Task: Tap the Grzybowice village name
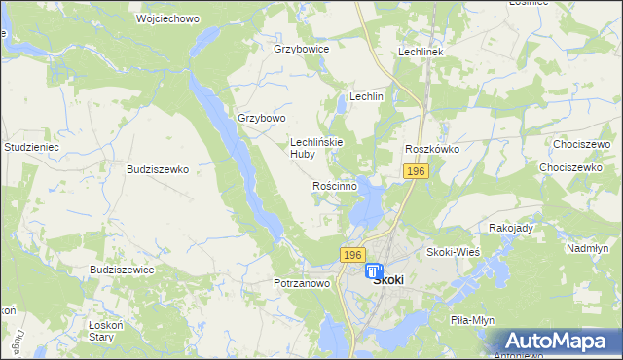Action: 302,48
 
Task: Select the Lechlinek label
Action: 421,51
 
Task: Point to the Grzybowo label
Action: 262,118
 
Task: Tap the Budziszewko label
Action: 157,168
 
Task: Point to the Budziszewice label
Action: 122,269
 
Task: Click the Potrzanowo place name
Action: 302,283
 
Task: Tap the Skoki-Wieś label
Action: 453,251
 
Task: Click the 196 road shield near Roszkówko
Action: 416,171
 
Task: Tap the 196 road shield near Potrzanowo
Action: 353,254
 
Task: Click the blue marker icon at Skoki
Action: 374,270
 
